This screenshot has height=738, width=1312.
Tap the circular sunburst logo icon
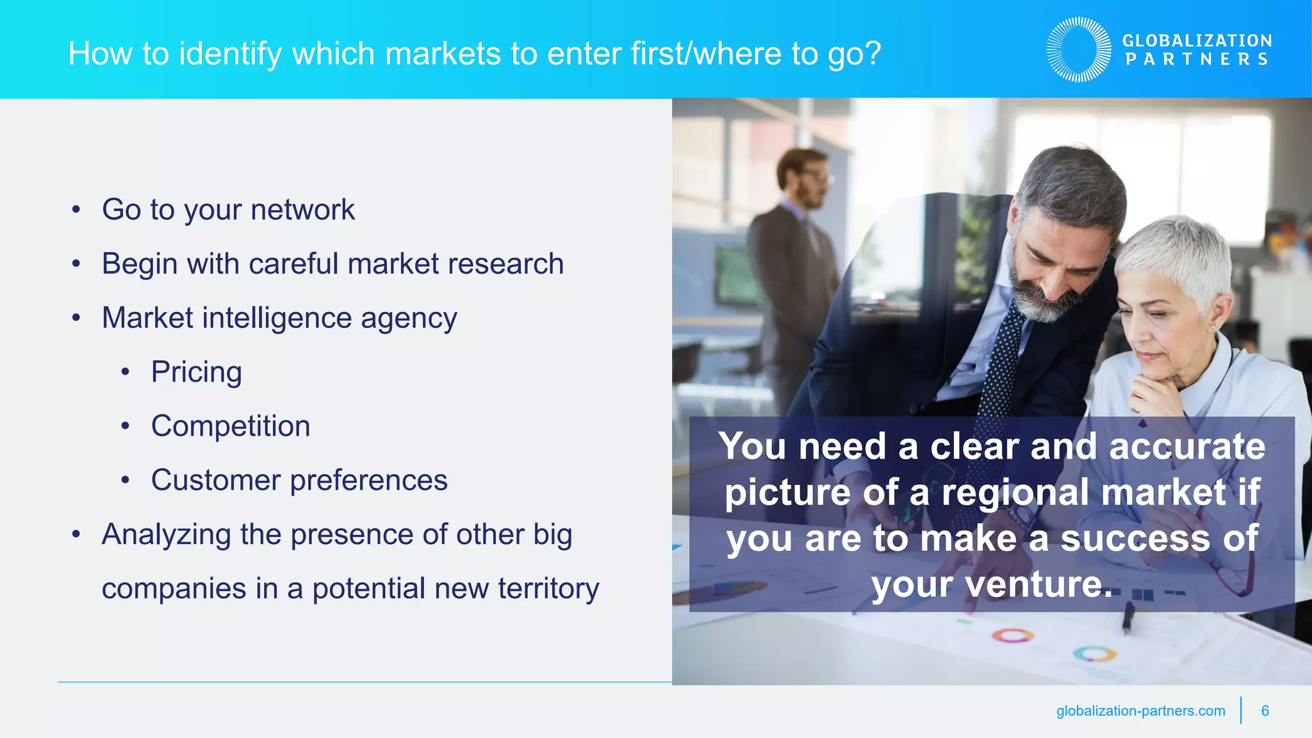(x=1079, y=50)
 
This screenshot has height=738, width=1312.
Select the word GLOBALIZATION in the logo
(x=1197, y=40)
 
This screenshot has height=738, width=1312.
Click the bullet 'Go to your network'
(x=228, y=210)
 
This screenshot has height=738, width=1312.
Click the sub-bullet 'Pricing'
(x=196, y=372)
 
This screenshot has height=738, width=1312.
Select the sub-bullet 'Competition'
(x=231, y=427)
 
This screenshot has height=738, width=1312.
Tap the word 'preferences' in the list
(x=368, y=480)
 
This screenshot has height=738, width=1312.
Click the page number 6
(x=1265, y=710)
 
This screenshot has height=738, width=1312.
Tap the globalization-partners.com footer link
(x=1140, y=710)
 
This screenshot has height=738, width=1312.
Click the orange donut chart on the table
(x=1013, y=635)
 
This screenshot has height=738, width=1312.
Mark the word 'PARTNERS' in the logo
(x=1197, y=60)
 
